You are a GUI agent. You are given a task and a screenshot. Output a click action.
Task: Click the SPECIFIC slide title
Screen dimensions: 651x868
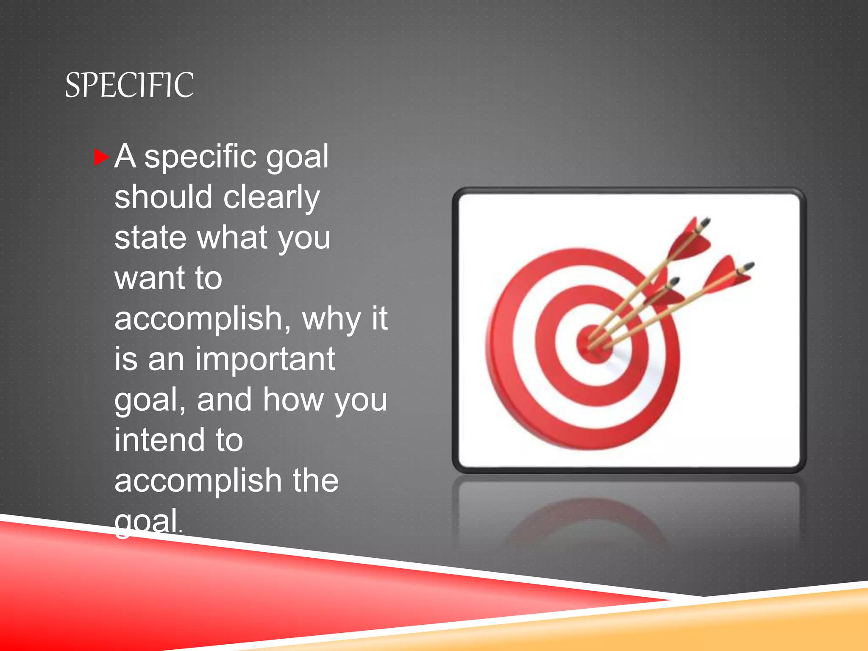[x=129, y=85]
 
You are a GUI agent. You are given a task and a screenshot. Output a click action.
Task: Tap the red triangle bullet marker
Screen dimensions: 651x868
[x=100, y=157]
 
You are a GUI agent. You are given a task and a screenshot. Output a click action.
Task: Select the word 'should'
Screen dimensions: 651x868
[x=163, y=197]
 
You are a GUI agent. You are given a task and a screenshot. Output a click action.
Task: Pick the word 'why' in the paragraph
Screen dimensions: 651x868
[x=331, y=319]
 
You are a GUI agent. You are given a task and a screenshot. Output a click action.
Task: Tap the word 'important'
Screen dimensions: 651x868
[x=265, y=359]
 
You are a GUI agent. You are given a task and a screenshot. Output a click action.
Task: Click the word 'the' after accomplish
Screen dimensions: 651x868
[x=316, y=481]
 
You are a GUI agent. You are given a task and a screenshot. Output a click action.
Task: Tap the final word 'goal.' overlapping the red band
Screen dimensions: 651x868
[x=148, y=522]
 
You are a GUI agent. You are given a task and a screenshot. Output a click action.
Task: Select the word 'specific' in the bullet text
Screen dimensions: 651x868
[x=200, y=157]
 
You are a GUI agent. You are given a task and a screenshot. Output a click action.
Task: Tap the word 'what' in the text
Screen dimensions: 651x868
[x=232, y=237]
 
